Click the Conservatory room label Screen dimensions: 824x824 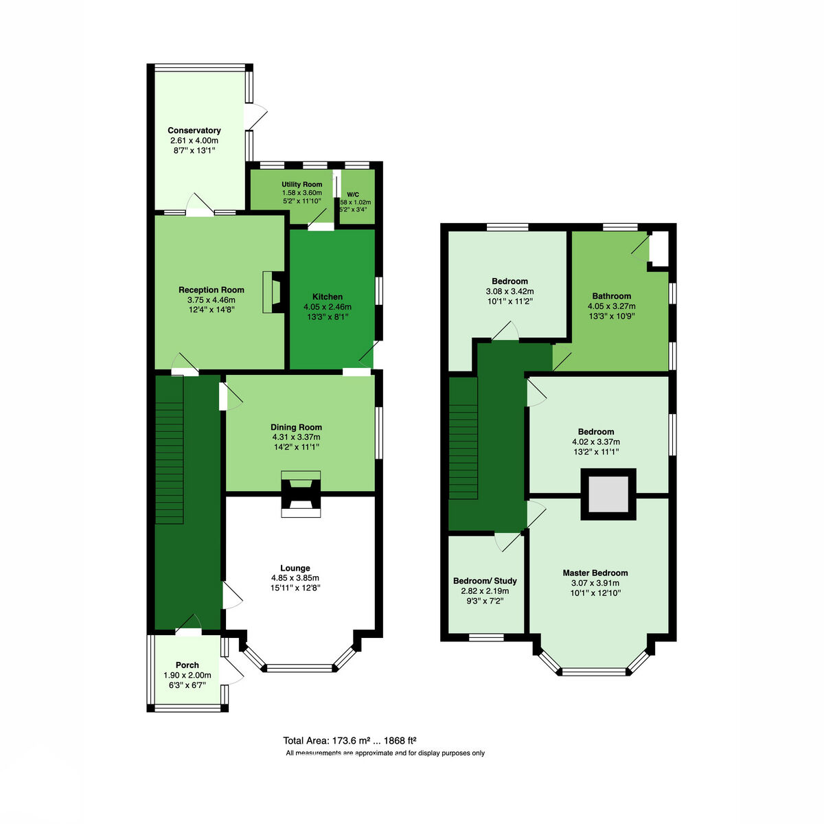(194, 130)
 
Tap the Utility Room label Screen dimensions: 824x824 (301, 184)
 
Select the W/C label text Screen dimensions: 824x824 (353, 194)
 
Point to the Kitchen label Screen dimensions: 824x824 (327, 297)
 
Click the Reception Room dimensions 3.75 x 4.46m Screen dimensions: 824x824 (211, 300)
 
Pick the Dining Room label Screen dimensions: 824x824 (296, 426)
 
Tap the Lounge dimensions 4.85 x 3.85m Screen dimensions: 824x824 (295, 577)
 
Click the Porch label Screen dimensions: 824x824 (187, 665)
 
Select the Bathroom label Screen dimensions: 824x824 (612, 296)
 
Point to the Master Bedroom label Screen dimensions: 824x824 (595, 573)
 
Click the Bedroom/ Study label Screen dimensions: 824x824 (485, 581)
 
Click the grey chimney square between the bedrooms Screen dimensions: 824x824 (608, 494)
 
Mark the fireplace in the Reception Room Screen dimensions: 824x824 (274, 292)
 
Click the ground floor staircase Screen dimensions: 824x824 (169, 449)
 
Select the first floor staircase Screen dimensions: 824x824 (463, 438)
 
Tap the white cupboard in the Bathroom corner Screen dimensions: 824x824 (659, 248)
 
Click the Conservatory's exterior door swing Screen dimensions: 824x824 (256, 116)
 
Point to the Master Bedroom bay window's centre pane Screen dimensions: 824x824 (594, 672)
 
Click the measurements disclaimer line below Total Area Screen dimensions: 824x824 (385, 753)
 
